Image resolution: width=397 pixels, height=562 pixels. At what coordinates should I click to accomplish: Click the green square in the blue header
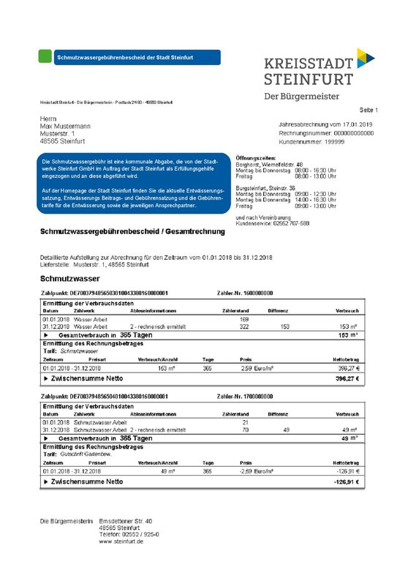[x=48, y=56]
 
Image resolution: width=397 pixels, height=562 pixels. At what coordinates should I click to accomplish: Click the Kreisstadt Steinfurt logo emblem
[x=365, y=56]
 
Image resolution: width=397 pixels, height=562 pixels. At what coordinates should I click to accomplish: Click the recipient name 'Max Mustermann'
[x=65, y=127]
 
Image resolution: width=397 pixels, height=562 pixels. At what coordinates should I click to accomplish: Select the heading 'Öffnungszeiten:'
[x=255, y=157]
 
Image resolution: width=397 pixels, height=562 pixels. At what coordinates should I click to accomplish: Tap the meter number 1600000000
[x=253, y=293]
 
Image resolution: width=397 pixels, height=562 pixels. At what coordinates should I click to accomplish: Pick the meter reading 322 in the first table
[x=245, y=326]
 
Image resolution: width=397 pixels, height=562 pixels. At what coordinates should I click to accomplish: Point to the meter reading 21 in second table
[x=246, y=422]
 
